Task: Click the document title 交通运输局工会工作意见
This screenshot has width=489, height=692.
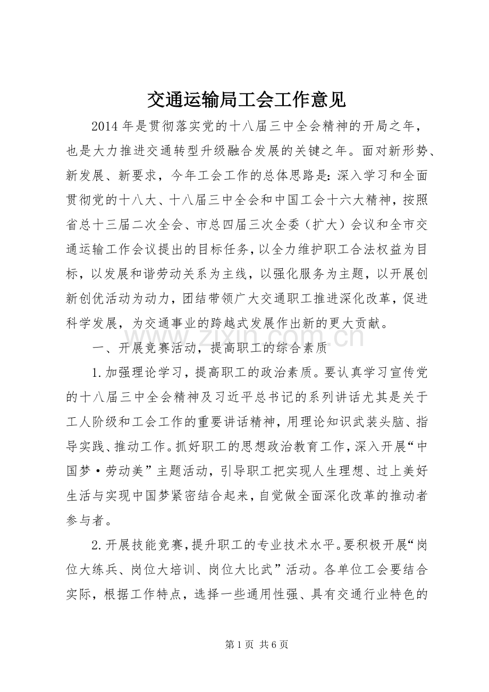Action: (245, 99)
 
